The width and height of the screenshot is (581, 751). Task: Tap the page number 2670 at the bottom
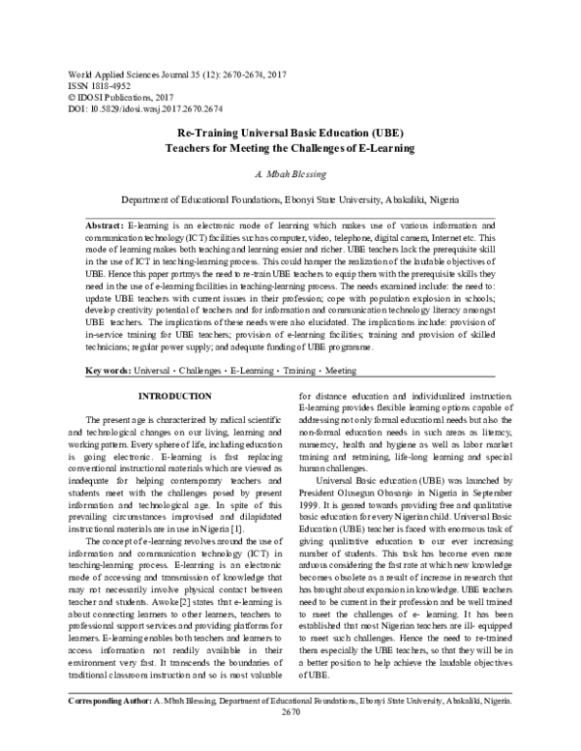pyautogui.click(x=290, y=736)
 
